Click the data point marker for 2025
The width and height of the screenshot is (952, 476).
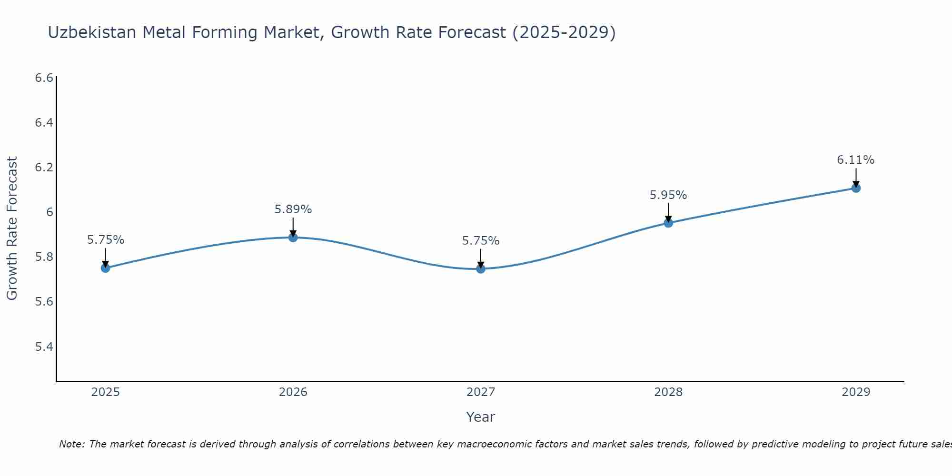(x=106, y=268)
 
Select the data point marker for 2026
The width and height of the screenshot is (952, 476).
(x=293, y=237)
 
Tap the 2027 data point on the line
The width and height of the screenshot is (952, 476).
(x=481, y=269)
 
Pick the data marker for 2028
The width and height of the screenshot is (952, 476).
(x=668, y=223)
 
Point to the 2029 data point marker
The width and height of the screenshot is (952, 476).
(x=856, y=188)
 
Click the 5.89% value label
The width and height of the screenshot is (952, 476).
(x=293, y=209)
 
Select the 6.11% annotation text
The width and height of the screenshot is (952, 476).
(x=856, y=160)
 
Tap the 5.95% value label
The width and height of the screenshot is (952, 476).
(x=668, y=195)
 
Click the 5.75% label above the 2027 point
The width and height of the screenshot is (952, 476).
(x=481, y=241)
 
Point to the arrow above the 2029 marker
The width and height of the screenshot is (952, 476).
(x=856, y=177)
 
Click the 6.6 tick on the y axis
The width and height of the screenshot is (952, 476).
(x=44, y=78)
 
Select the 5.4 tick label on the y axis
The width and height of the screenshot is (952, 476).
(x=44, y=347)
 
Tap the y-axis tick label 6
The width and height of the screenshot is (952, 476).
(x=50, y=212)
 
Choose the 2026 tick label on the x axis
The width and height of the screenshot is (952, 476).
(x=293, y=392)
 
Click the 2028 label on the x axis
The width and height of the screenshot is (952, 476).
(x=668, y=392)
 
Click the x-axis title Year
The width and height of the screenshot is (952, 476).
(x=481, y=417)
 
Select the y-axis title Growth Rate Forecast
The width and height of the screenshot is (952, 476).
(x=12, y=228)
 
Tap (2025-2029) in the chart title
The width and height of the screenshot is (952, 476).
(x=564, y=32)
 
